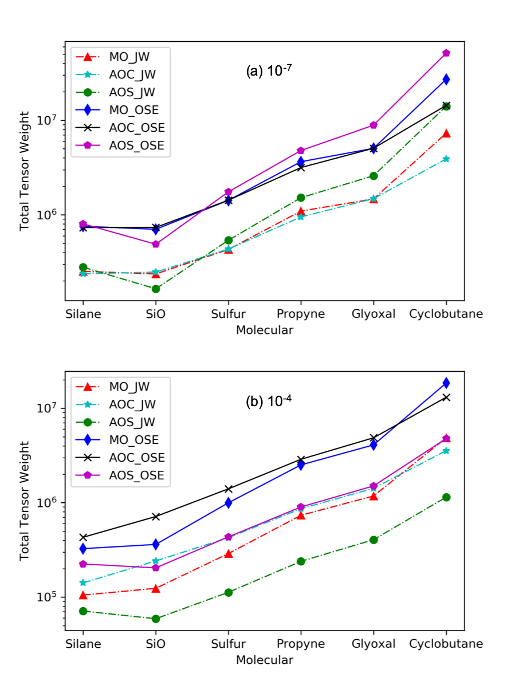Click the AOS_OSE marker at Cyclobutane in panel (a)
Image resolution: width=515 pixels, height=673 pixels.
tap(446, 53)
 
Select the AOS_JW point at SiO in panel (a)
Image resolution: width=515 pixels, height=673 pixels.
tap(155, 289)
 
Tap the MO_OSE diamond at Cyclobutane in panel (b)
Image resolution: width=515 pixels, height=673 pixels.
tap(446, 383)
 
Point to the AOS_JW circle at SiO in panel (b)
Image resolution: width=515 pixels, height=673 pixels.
tap(155, 619)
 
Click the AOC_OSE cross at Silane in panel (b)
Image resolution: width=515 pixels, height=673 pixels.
tap(82, 537)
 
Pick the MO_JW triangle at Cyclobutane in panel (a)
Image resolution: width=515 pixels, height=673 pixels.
tap(446, 133)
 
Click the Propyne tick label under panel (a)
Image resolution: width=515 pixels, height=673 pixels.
tap(301, 314)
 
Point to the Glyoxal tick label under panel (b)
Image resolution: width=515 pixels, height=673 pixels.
tap(373, 644)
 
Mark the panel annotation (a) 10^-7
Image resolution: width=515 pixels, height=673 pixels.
tap(269, 72)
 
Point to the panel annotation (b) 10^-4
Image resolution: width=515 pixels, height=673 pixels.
tap(269, 402)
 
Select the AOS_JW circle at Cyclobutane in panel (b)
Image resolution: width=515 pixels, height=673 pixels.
tap(446, 497)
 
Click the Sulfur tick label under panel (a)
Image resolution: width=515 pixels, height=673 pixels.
tap(228, 314)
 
